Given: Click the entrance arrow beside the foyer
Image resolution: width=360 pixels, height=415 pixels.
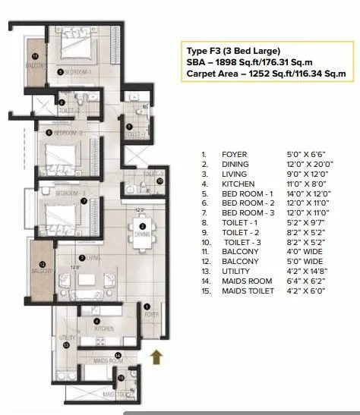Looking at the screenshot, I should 157,355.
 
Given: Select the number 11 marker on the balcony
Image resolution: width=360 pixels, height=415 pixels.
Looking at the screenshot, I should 33,57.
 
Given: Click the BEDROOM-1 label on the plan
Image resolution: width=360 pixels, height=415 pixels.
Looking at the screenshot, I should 77,71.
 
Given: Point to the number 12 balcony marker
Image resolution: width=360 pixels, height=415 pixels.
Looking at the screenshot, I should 43,264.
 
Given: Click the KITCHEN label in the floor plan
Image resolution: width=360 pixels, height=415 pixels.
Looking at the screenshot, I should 103,329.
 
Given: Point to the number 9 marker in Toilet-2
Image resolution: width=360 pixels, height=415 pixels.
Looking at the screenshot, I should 62,99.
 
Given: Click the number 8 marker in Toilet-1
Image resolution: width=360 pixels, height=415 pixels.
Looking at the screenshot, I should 129,127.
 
